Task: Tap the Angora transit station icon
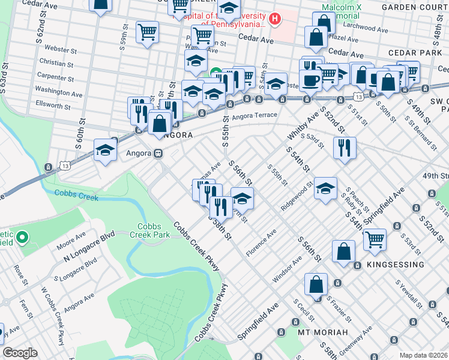pyautogui.click(x=159, y=153)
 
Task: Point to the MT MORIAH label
pyautogui.click(x=323, y=332)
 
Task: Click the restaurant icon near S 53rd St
pyautogui.click(x=345, y=147)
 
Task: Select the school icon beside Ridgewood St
pyautogui.click(x=325, y=188)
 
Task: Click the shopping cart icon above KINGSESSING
pyautogui.click(x=375, y=239)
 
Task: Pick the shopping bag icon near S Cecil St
pyautogui.click(x=316, y=283)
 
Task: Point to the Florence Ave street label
pyautogui.click(x=259, y=241)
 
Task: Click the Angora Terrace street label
pyautogui.click(x=255, y=115)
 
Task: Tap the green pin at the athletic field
pyautogui.click(x=23, y=238)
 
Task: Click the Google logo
pyautogui.click(x=20, y=353)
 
